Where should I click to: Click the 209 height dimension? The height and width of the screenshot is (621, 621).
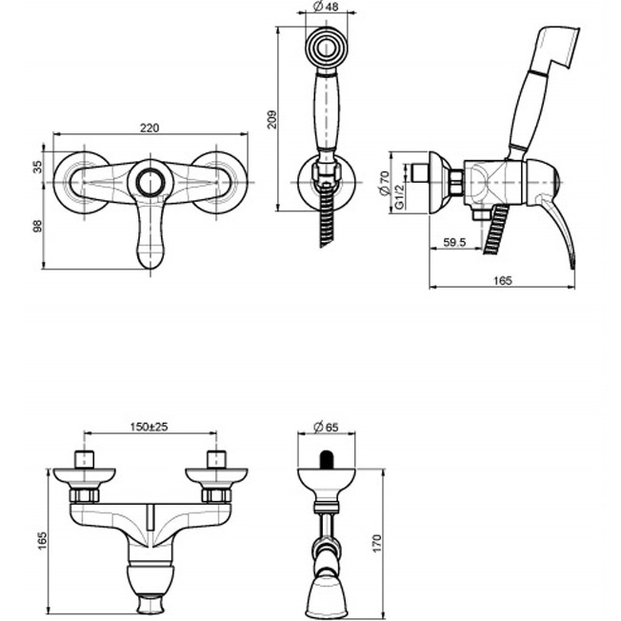point(271,118)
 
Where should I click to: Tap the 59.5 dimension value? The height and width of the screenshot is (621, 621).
point(454,243)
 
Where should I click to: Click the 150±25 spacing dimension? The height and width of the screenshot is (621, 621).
point(149,427)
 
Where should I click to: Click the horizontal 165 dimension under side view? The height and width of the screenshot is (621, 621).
point(504,280)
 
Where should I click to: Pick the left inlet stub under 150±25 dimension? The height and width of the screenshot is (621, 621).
point(85,458)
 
